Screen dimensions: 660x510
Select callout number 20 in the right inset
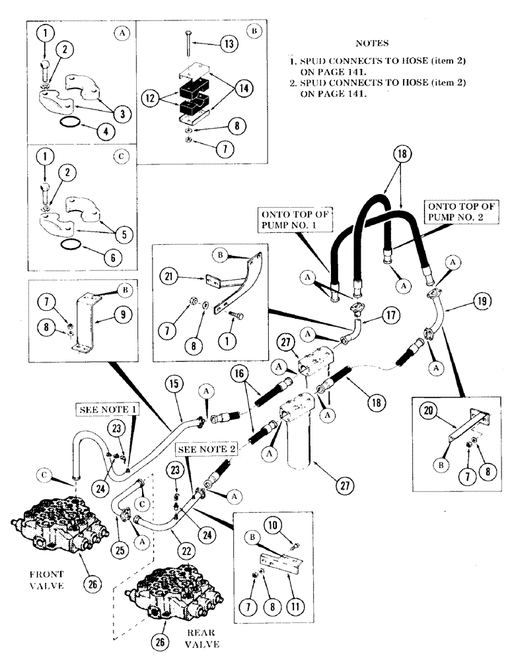coord(429,411)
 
